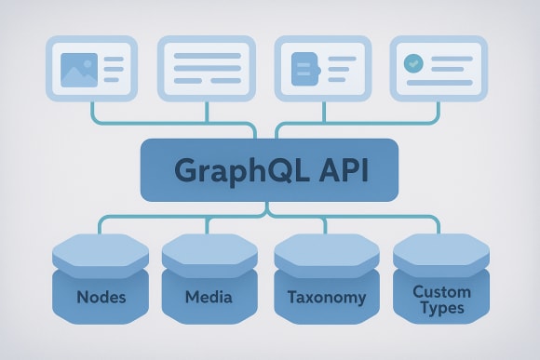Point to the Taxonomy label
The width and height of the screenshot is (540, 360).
[x=320, y=299]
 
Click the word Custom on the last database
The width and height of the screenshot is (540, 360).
[x=441, y=291]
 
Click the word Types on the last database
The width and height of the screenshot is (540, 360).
[x=441, y=308]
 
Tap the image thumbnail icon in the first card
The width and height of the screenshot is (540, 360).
[x=78, y=69]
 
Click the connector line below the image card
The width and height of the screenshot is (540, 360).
[x=93, y=112]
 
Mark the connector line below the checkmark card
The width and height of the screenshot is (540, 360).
[x=439, y=112]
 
